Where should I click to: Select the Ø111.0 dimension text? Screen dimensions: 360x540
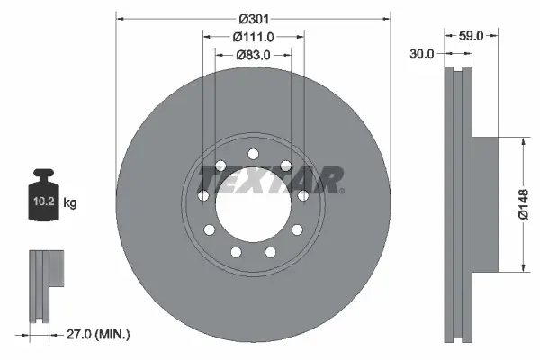(253, 36)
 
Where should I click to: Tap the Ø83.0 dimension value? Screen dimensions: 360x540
(253, 55)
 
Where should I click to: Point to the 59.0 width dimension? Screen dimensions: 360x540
(472, 36)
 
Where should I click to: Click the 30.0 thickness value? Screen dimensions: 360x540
(421, 54)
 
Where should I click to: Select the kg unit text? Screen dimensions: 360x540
(70, 203)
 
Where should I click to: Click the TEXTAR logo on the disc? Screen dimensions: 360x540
(270, 181)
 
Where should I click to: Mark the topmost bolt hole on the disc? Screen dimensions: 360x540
(253, 152)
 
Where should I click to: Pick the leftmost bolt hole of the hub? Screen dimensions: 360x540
(203, 196)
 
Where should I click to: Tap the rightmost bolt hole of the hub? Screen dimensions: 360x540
(303, 196)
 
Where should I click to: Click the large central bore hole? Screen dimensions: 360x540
(253, 202)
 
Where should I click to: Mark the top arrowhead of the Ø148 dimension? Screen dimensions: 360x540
(523, 140)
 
